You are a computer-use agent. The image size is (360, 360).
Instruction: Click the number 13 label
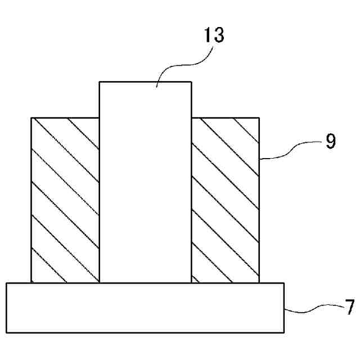(x=214, y=35)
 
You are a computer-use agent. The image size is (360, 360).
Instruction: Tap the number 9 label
(x=330, y=141)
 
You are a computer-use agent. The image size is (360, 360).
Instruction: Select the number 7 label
(x=349, y=307)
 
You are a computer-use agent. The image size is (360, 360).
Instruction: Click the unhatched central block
(x=145, y=186)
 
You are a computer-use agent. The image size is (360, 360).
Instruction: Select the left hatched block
(x=65, y=200)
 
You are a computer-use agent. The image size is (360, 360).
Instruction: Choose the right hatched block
(x=225, y=200)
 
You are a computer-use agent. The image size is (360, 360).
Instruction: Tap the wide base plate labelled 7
(x=145, y=308)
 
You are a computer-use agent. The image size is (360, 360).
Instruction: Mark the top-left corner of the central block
(x=100, y=82)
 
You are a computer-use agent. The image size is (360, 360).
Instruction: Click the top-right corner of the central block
(x=191, y=82)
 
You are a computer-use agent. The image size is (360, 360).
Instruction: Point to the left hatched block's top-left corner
(x=31, y=118)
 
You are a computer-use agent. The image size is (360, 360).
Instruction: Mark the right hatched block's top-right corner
(x=259, y=118)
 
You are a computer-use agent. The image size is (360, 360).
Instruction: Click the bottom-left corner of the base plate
(x=6, y=333)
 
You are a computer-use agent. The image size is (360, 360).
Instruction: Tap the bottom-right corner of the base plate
(x=284, y=333)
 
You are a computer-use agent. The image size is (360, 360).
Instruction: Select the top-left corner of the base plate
(x=6, y=283)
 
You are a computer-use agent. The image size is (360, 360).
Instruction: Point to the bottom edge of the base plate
(x=145, y=333)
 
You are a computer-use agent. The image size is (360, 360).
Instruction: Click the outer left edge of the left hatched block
(x=31, y=200)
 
